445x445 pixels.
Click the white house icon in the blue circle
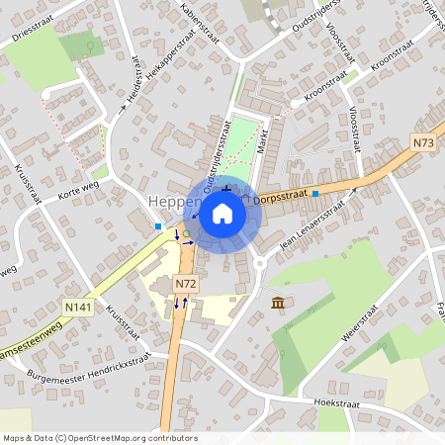coord(222,212)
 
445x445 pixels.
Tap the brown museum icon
coord(278,302)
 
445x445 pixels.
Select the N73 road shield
coord(424,143)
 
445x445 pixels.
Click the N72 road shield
coord(184,284)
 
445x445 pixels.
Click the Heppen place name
coord(168,202)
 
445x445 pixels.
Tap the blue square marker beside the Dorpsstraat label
coord(315,195)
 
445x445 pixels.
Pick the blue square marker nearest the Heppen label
coord(157,226)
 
